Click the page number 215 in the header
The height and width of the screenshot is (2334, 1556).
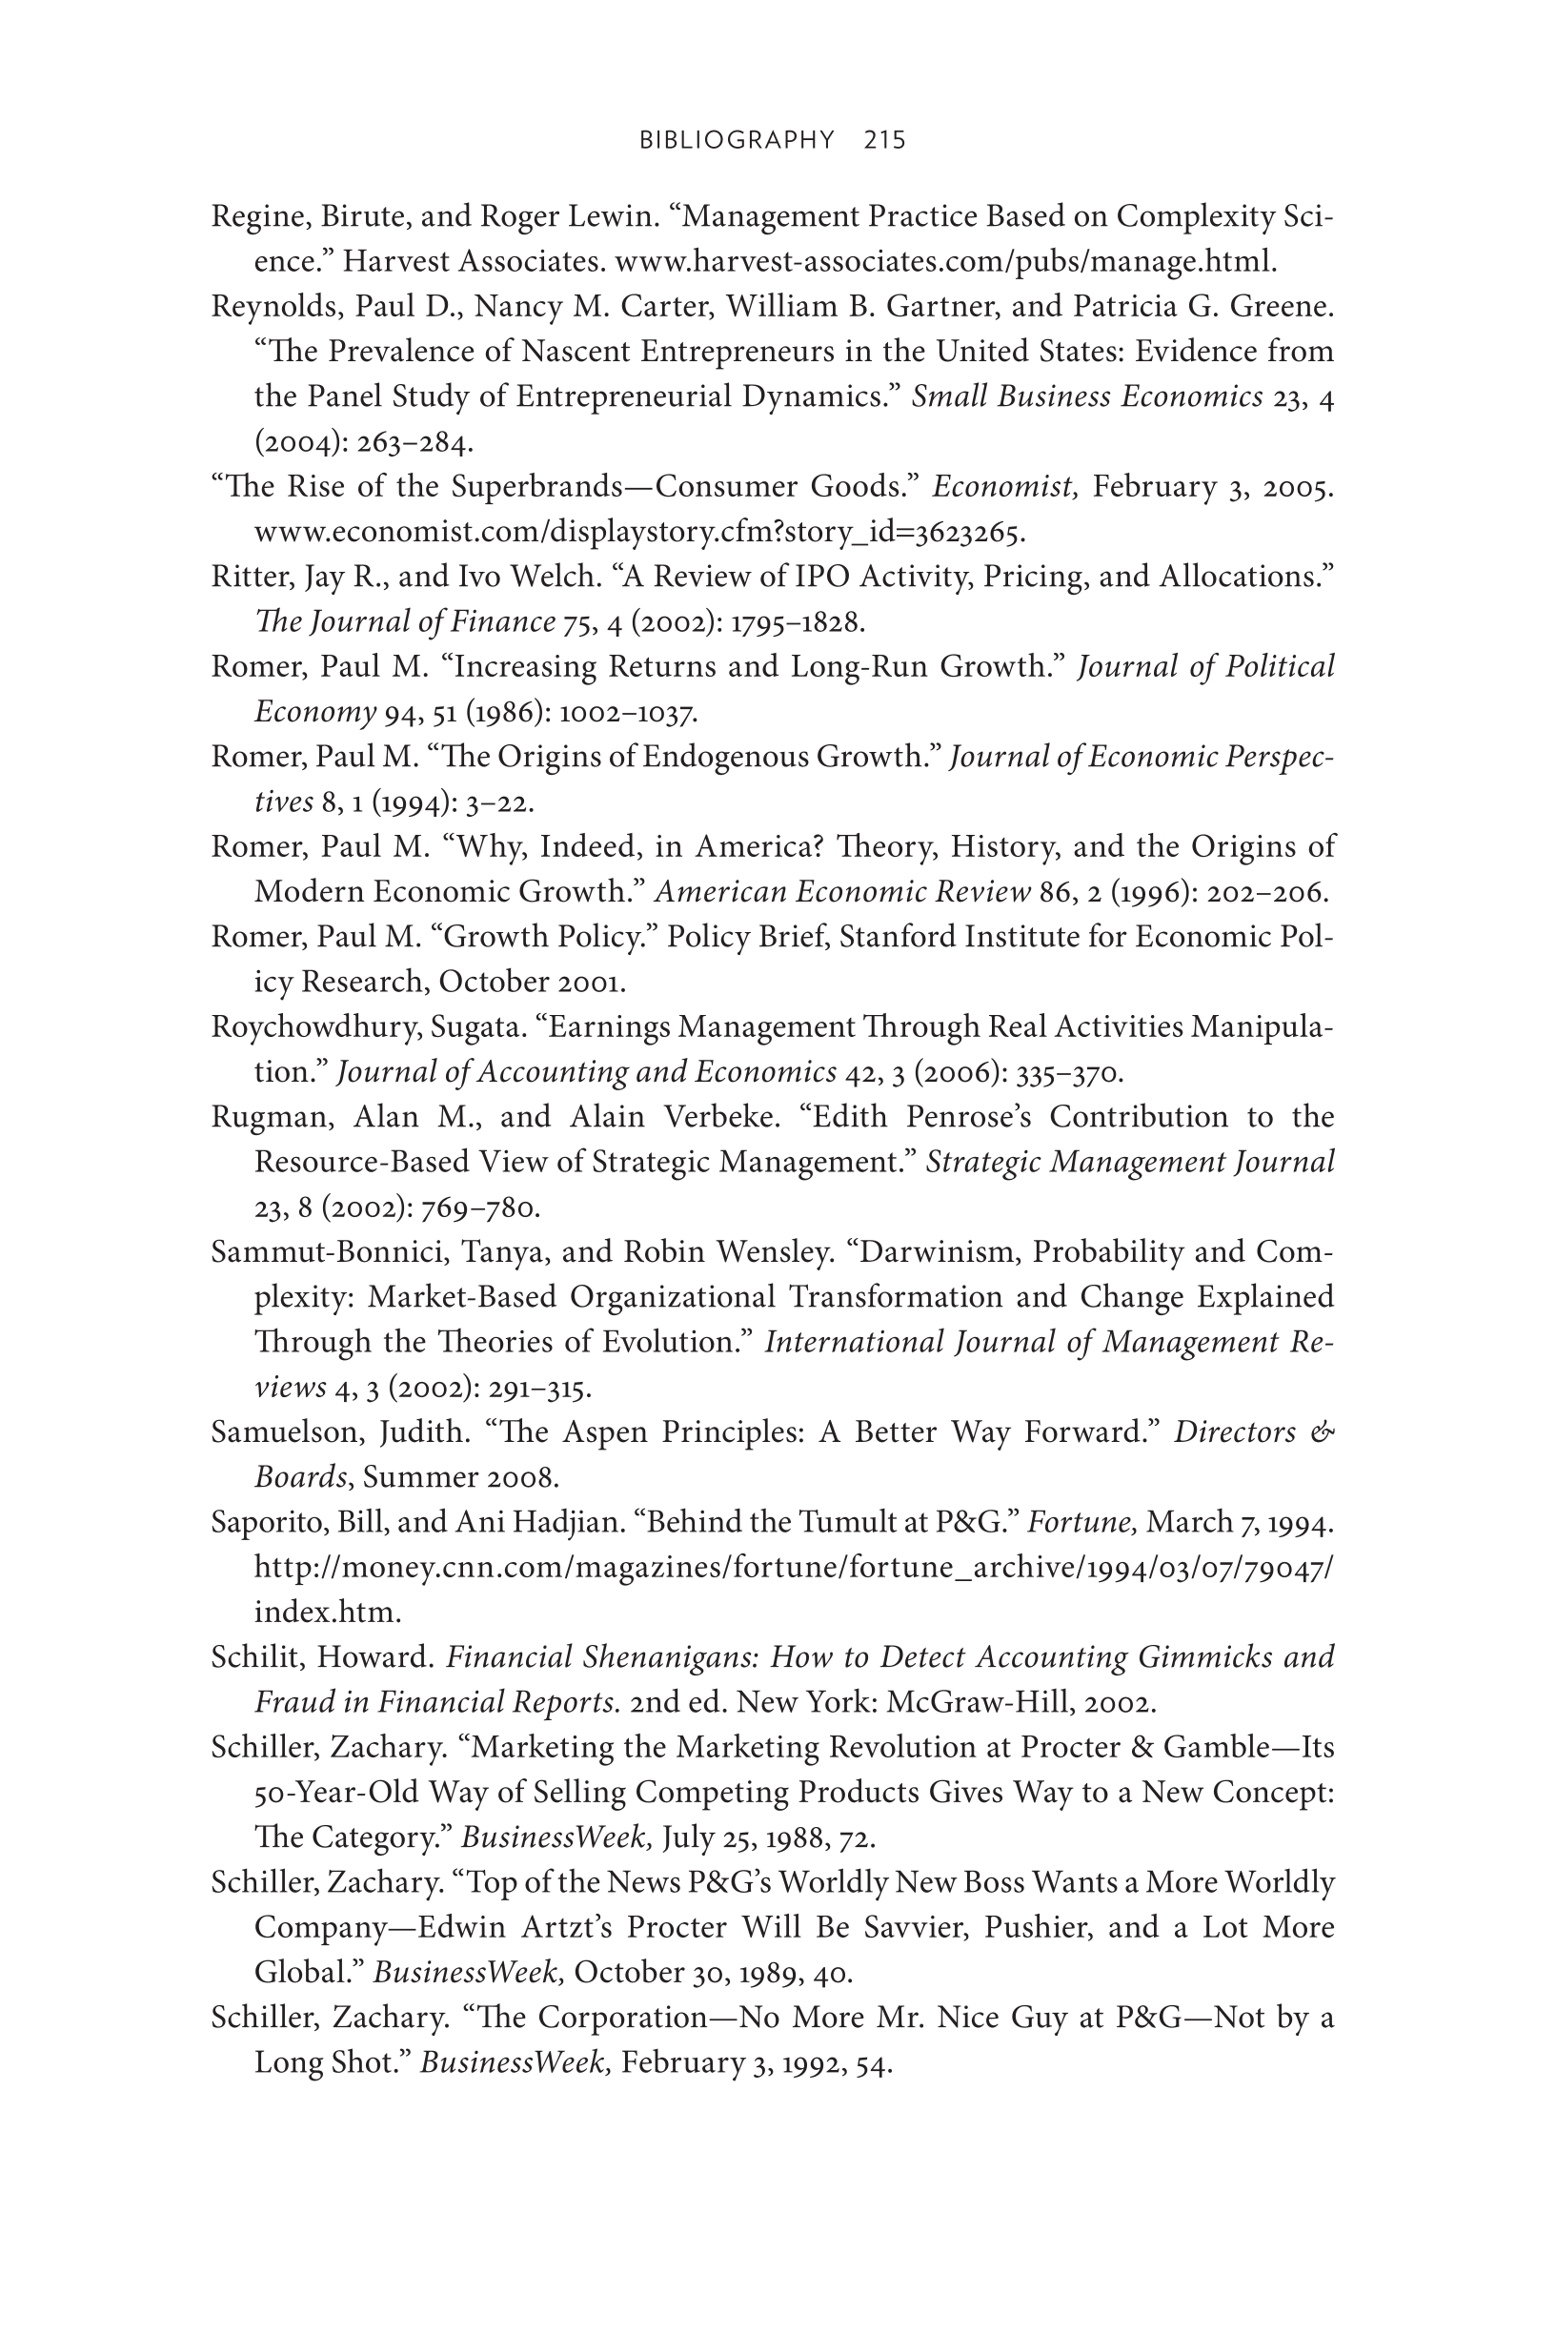coord(884,140)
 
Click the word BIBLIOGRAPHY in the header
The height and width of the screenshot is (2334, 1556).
coord(737,140)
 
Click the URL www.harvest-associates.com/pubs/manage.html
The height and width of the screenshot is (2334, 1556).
coord(944,262)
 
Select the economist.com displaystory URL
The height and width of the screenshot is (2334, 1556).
coord(638,533)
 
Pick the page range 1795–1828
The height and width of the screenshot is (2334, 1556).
coord(797,622)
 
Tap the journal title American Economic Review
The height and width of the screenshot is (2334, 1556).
coord(842,892)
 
